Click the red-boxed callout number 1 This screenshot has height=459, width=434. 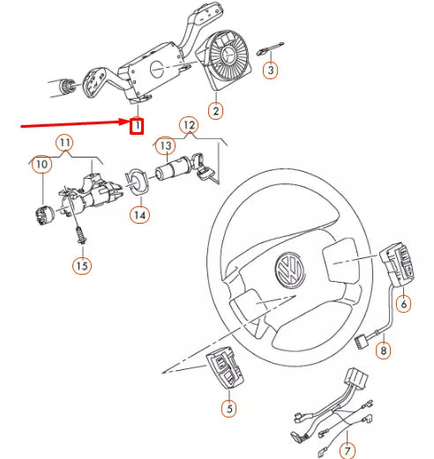[x=137, y=127]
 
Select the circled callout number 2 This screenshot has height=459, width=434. [x=214, y=111]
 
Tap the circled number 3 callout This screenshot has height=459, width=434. [x=271, y=69]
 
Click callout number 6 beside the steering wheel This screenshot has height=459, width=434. [x=404, y=304]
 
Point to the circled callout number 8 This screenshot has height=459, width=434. [x=383, y=352]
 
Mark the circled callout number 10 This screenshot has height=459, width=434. [x=41, y=164]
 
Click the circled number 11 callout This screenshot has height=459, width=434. [x=65, y=142]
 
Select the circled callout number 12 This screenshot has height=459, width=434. [x=187, y=125]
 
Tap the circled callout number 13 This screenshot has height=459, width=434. [x=163, y=144]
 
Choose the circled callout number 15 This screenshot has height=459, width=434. [x=81, y=264]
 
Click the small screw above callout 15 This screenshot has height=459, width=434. [x=80, y=234]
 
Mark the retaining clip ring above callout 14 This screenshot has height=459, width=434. [x=138, y=181]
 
